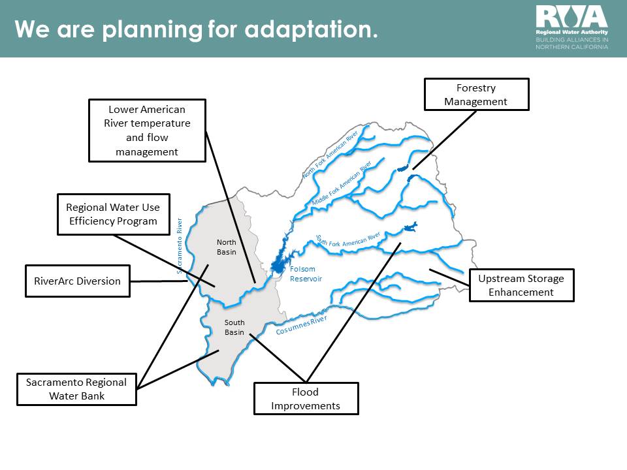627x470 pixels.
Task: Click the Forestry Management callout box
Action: click(x=476, y=94)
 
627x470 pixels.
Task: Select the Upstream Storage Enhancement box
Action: click(x=521, y=285)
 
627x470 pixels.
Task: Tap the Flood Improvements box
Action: click(x=306, y=398)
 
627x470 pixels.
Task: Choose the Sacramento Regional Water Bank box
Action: click(x=76, y=389)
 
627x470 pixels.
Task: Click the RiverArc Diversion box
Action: click(x=78, y=281)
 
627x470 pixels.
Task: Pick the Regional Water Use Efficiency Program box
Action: click(x=114, y=214)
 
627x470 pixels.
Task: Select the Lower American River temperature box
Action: click(x=147, y=131)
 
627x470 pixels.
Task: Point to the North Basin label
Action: click(x=227, y=247)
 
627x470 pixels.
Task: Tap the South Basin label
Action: click(x=234, y=327)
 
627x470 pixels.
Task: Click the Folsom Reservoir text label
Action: click(x=306, y=274)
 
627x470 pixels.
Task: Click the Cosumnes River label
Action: click(x=302, y=325)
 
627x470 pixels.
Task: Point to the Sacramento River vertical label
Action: click(x=180, y=246)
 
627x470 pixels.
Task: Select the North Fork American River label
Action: click(x=330, y=154)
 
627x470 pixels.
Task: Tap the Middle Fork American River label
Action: click(x=342, y=183)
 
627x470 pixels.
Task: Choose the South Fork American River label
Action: click(x=348, y=241)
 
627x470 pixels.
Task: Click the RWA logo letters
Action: click(x=572, y=17)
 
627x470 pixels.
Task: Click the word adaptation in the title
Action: click(x=311, y=29)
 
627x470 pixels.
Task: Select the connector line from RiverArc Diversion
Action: click(x=159, y=281)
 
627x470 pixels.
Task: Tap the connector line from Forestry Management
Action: click(x=445, y=140)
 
